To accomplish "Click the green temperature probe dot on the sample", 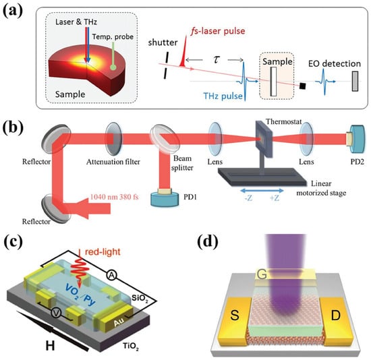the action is point(113,67).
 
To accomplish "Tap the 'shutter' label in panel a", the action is point(163,42).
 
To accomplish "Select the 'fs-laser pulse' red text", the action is point(218,31).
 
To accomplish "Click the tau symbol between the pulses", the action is point(216,59).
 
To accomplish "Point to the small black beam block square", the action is point(302,86).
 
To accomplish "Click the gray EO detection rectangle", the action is point(355,82).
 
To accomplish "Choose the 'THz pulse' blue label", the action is point(223,96).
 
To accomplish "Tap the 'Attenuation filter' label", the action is point(113,162).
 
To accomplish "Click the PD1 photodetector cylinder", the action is point(165,198).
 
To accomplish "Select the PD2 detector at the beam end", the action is point(357,139).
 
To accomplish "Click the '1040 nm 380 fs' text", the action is point(114,197).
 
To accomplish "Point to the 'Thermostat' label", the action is point(284,121).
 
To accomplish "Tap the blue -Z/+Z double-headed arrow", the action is point(262,190).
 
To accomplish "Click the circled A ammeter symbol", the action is point(111,275).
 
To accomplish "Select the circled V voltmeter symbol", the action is point(56,313).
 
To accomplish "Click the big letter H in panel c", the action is point(50,346).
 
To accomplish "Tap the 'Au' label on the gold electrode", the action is point(119,322).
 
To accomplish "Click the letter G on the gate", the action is point(262,274).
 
